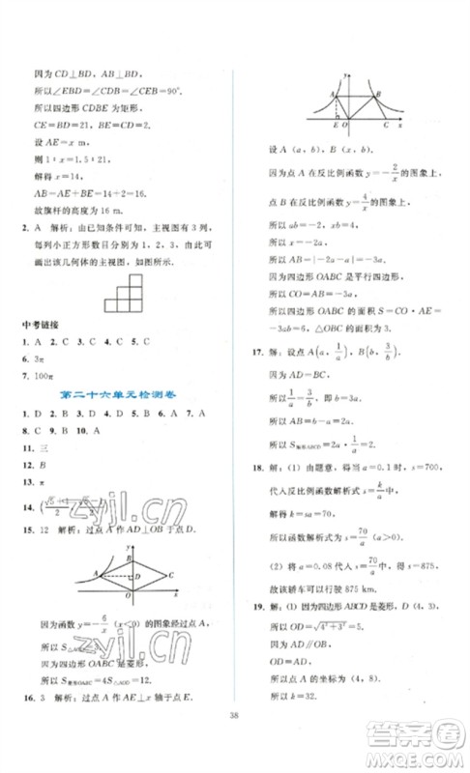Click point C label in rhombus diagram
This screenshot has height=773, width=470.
[170, 575]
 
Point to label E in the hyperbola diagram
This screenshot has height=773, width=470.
[336, 127]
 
